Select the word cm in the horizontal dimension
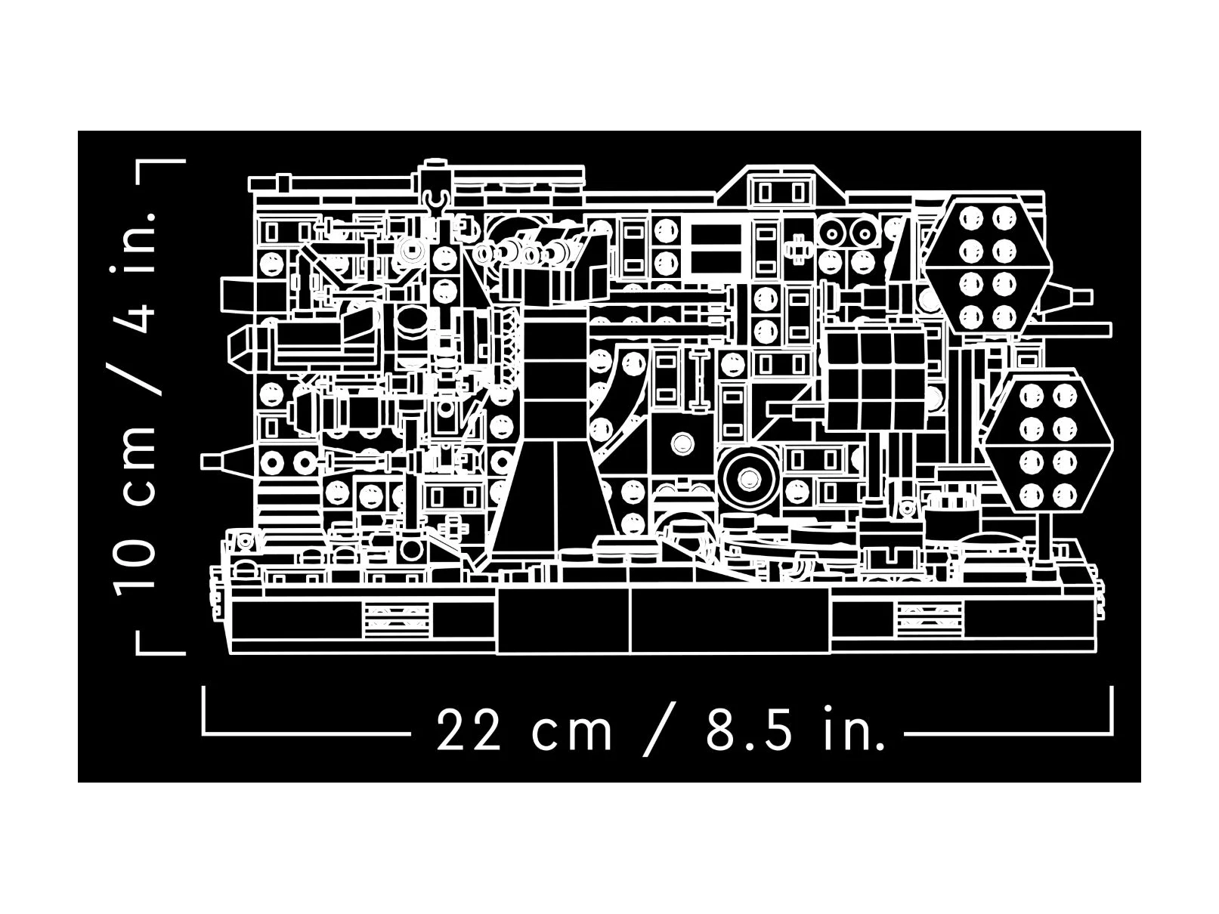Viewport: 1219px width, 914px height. point(571,733)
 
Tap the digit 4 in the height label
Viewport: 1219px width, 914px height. point(134,315)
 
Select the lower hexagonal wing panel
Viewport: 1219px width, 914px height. point(1048,443)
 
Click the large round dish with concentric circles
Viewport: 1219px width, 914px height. point(747,478)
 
